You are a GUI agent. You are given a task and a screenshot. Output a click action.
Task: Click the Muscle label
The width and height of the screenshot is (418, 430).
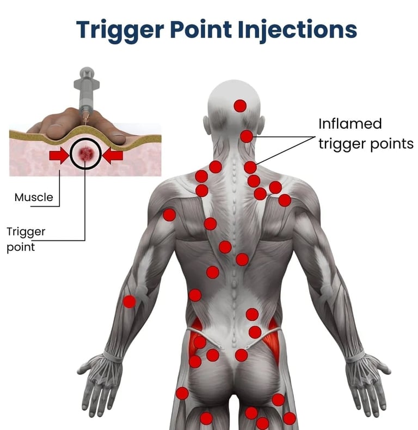tap(34, 197)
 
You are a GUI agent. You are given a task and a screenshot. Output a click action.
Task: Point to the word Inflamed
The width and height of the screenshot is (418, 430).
tap(350, 124)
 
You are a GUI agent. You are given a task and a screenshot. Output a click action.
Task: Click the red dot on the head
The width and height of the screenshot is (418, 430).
tap(240, 106)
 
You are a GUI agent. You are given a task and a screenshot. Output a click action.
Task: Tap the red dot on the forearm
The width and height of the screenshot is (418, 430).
tap(129, 301)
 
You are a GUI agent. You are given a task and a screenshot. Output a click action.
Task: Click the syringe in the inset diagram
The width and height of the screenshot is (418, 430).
tap(86, 93)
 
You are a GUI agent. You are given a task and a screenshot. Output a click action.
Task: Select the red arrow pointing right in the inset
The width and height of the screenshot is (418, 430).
tap(59, 156)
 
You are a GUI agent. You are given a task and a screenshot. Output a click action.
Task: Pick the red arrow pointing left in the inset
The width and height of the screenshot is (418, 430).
tap(114, 156)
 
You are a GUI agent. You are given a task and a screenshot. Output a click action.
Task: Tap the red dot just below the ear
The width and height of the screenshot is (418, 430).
tap(247, 136)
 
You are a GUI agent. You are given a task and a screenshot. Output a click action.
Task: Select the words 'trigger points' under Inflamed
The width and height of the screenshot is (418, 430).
tap(366, 144)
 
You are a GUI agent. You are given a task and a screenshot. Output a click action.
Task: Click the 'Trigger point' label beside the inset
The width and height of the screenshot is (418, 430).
tap(25, 239)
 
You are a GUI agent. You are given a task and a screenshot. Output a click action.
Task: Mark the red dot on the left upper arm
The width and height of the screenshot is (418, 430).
tap(169, 215)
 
